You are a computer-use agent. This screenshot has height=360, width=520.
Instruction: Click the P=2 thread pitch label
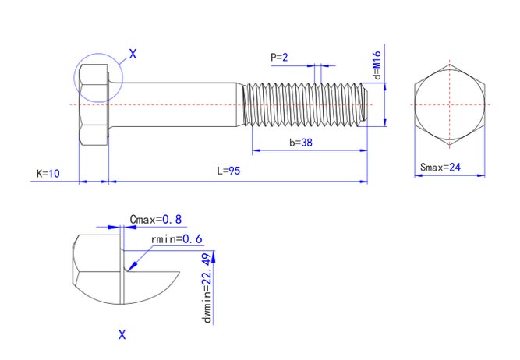(279, 57)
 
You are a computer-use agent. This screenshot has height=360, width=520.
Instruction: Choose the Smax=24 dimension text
(441, 167)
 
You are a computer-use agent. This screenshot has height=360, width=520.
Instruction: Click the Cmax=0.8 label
(155, 220)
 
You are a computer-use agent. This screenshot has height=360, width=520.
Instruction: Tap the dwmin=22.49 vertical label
(207, 288)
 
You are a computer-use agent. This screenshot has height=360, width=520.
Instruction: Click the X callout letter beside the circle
(133, 54)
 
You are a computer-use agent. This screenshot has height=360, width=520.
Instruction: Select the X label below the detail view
(122, 334)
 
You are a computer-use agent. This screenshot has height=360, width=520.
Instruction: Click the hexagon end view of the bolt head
(449, 104)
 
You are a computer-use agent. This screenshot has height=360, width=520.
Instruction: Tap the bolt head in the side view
(93, 104)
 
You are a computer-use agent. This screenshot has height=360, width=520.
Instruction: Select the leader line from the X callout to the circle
(119, 60)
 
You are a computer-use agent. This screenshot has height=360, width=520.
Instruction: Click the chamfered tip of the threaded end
(364, 104)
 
